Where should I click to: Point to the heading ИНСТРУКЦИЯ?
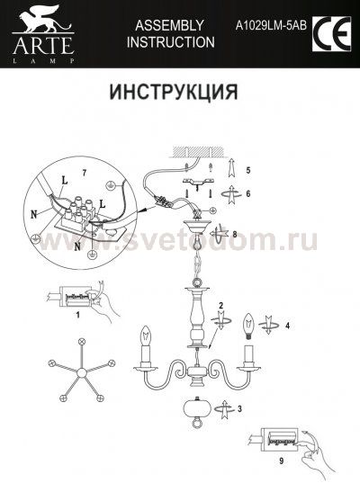(x=173, y=93)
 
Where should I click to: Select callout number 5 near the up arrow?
(x=248, y=170)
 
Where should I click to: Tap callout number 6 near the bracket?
(x=248, y=194)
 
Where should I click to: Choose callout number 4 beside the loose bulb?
(x=287, y=326)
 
